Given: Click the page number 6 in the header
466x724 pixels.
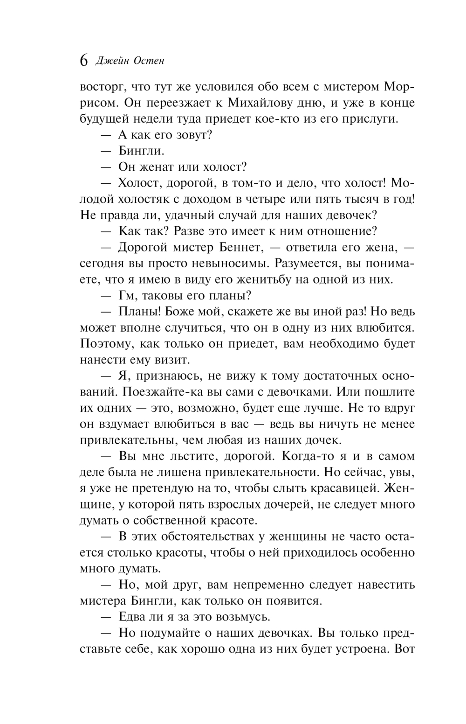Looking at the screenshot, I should click(x=83, y=61).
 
